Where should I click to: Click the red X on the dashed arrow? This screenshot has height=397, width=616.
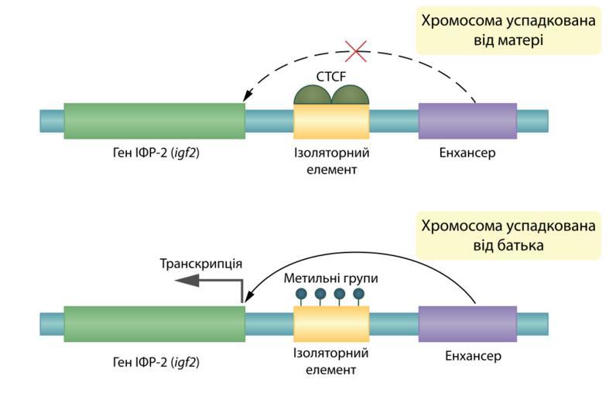pyautogui.click(x=356, y=52)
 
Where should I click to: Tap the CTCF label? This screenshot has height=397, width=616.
pyautogui.click(x=331, y=77)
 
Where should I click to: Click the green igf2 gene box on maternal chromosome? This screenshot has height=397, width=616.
pyautogui.click(x=154, y=121)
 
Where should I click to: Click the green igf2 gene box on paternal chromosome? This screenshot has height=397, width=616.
pyautogui.click(x=154, y=324)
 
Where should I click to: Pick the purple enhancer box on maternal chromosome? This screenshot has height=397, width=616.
pyautogui.click(x=467, y=121)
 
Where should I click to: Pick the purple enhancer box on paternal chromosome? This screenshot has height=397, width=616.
pyautogui.click(x=467, y=324)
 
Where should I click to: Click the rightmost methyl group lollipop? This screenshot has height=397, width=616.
pyautogui.click(x=358, y=294)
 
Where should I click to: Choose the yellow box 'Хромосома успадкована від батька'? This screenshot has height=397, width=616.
pyautogui.click(x=508, y=236)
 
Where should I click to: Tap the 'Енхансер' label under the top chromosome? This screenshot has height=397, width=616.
pyautogui.click(x=467, y=153)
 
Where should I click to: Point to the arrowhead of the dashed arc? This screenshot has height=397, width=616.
pyautogui.click(x=247, y=96)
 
